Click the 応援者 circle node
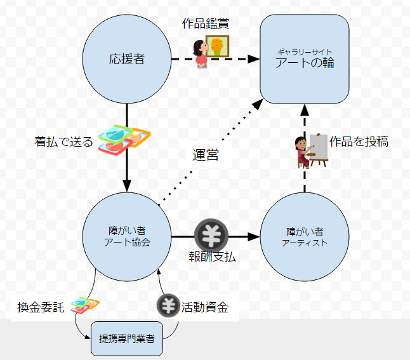(127, 60)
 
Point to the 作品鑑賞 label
(205, 23)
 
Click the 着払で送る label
(63, 142)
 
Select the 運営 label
(205, 154)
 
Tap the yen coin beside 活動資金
(168, 306)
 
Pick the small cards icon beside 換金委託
(85, 305)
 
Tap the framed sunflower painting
(218, 46)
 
